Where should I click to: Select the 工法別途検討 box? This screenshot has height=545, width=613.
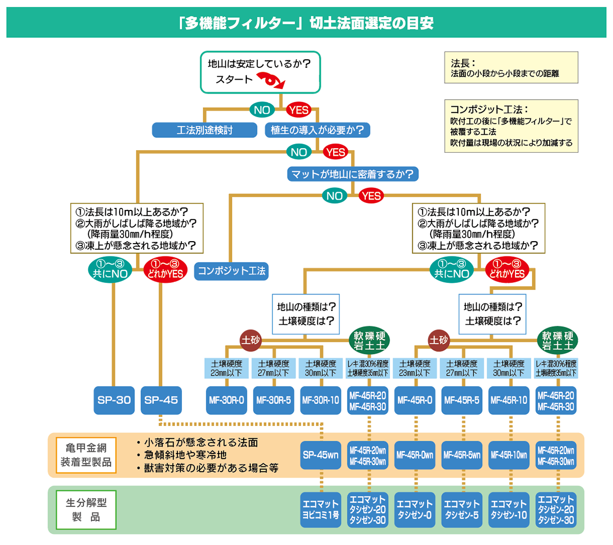204,130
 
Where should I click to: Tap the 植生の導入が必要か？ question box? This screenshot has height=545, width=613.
317,130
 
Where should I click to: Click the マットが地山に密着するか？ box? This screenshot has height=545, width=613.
352,174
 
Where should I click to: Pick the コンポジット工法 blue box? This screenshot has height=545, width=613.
231,271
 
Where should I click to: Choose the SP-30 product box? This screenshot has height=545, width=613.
114,400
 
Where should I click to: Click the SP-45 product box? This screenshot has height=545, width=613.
161,400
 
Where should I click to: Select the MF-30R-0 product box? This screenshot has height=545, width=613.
226,400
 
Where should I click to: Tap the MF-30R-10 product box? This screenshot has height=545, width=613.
320,400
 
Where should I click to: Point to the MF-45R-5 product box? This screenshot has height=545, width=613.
462,400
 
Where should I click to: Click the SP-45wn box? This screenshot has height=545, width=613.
320,455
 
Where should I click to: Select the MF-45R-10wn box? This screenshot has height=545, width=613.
509,455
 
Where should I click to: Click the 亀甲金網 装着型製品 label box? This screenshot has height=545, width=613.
86,455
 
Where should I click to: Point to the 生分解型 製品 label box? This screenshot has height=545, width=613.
86,510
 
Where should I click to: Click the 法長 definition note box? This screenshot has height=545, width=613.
511,67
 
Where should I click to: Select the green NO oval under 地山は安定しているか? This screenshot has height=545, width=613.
262,110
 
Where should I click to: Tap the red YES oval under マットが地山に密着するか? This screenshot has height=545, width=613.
371,196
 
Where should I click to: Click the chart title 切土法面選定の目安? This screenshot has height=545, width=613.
306,23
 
